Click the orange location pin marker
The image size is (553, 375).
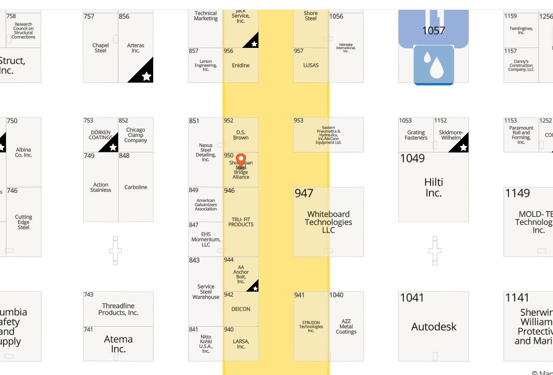241,160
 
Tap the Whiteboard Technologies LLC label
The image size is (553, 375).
329,222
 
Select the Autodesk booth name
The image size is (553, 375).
434,327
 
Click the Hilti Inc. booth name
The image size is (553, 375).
433,187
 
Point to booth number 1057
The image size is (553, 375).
433,31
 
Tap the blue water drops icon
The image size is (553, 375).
433,64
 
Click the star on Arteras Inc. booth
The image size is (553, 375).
146,76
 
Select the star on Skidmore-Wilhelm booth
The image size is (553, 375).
463,147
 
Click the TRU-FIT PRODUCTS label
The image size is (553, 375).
241,222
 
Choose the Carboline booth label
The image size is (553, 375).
136,187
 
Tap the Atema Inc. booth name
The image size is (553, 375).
118,344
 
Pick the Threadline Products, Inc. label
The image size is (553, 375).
118,309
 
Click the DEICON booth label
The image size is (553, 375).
241,309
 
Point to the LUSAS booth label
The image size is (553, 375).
311,65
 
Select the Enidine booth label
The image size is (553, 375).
241,65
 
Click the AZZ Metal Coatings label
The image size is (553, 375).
346,327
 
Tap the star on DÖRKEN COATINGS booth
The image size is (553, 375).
113,147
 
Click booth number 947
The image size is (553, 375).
304,193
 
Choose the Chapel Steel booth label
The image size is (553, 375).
100,48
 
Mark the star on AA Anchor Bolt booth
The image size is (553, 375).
255,288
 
